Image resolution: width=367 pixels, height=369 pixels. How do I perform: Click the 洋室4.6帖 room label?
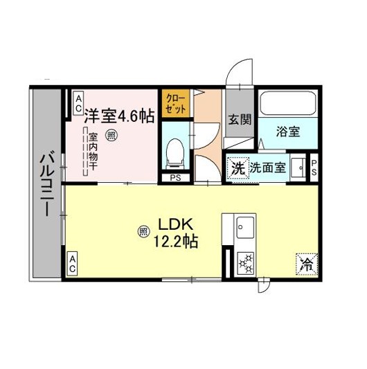tap(119, 116)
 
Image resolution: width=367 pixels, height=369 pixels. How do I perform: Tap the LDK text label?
tap(176, 224)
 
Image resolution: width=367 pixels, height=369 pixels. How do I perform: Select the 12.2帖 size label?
tap(176, 241)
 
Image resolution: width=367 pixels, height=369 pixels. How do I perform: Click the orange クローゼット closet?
tap(175, 103)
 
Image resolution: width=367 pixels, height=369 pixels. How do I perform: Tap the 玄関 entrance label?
tap(240, 120)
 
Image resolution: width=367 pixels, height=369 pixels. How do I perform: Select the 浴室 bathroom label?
tap(288, 131)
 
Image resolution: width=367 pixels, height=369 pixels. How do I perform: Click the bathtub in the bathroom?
tap(288, 103)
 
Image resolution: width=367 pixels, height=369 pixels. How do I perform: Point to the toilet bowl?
tap(175, 154)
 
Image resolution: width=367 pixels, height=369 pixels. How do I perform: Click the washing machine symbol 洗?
tap(238, 168)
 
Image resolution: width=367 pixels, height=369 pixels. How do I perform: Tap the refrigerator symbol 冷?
tap(307, 264)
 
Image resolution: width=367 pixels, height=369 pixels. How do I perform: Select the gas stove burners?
tap(246, 263)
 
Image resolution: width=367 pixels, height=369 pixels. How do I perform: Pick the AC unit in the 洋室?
tap(78, 103)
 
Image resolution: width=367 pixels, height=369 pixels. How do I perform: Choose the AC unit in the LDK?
tap(72, 264)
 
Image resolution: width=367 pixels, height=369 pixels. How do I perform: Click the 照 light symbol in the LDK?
tap(143, 232)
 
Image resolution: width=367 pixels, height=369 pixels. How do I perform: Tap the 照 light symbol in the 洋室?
tap(110, 135)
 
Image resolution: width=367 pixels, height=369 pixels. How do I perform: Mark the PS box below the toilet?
tap(175, 178)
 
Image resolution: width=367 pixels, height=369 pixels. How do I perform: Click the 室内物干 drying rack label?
tap(93, 152)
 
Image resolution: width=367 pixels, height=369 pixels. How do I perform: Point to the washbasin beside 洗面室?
tap(298, 168)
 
